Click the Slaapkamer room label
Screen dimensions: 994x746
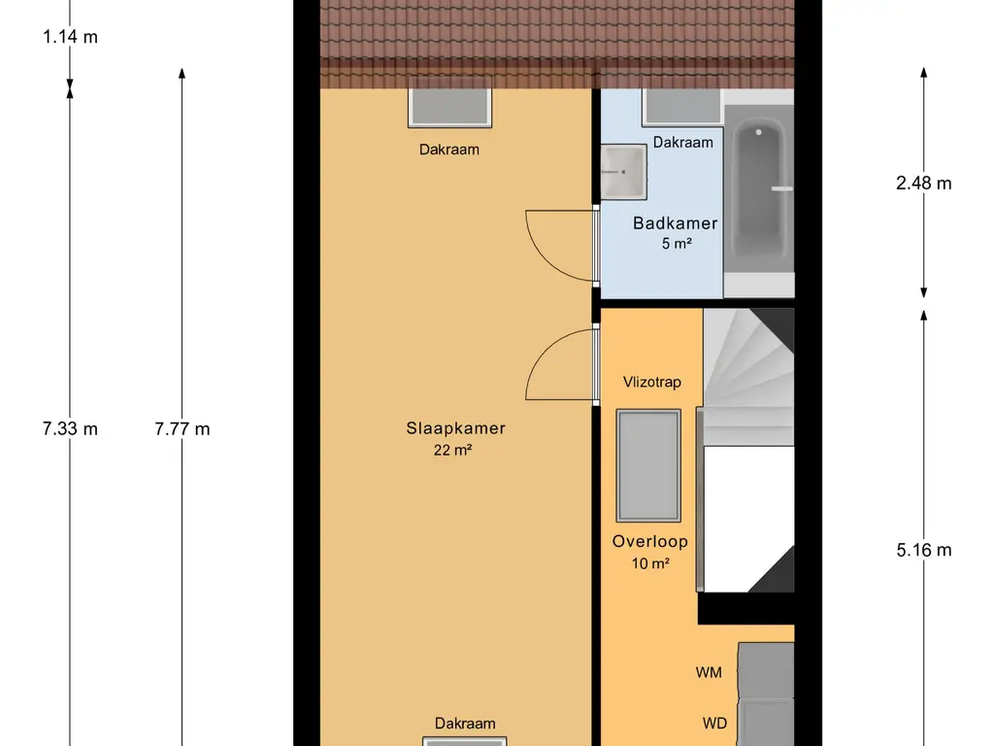coord(456,428)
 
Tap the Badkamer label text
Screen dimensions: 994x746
coord(676,223)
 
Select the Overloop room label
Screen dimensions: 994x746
coord(649,541)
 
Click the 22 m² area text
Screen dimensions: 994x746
coord(452,450)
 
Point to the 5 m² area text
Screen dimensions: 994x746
coord(677,244)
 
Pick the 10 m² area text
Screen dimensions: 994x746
coord(650,563)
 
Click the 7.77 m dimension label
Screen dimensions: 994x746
coord(182,428)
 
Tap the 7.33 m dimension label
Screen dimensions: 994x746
coord(70,428)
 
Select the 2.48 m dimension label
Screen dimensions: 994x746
coord(924,184)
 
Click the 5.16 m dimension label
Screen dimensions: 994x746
coord(924,550)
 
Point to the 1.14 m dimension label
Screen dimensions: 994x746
coord(70,37)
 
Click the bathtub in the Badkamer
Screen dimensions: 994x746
coord(759,190)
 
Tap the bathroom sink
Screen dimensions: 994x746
coord(624,172)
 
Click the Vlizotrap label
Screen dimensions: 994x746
coord(651,382)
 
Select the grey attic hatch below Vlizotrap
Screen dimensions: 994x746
coord(648,465)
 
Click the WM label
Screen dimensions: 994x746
coord(708,672)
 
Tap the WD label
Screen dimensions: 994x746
coord(714,723)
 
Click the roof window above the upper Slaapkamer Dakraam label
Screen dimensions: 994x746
coord(449,105)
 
